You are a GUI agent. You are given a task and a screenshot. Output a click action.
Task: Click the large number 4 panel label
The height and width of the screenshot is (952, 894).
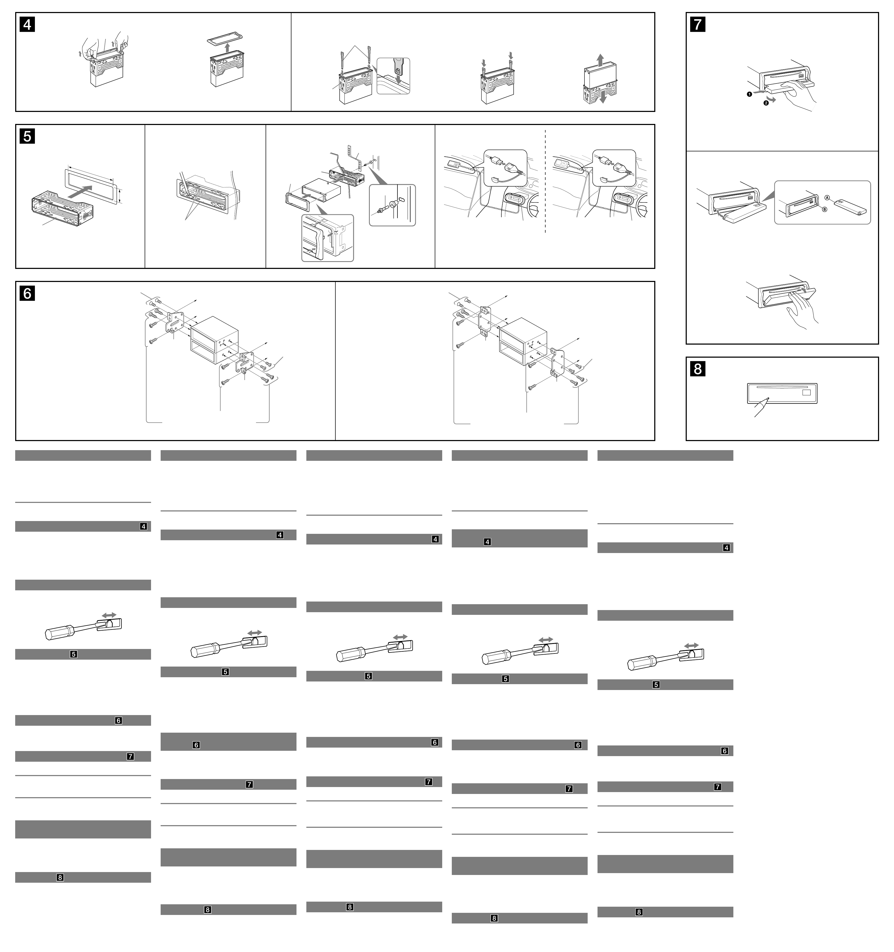[x=27, y=25]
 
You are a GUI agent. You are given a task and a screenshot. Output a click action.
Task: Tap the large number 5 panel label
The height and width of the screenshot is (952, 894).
[x=27, y=136]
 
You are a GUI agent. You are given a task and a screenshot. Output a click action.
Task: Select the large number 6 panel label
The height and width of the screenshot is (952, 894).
[x=27, y=293]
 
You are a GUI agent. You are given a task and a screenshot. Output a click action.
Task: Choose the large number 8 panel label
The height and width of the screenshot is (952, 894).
[x=698, y=369]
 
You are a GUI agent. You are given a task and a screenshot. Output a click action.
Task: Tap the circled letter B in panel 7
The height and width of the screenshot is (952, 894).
[x=824, y=209]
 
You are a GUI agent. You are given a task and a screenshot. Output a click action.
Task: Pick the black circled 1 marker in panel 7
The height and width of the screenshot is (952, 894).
[x=749, y=94]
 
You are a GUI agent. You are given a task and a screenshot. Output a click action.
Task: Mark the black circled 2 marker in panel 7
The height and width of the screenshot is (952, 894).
[x=766, y=103]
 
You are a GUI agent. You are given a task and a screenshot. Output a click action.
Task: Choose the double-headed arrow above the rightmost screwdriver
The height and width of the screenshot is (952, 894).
[x=691, y=646]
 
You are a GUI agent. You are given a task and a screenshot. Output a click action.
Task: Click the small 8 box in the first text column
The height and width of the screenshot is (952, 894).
[x=60, y=877]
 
